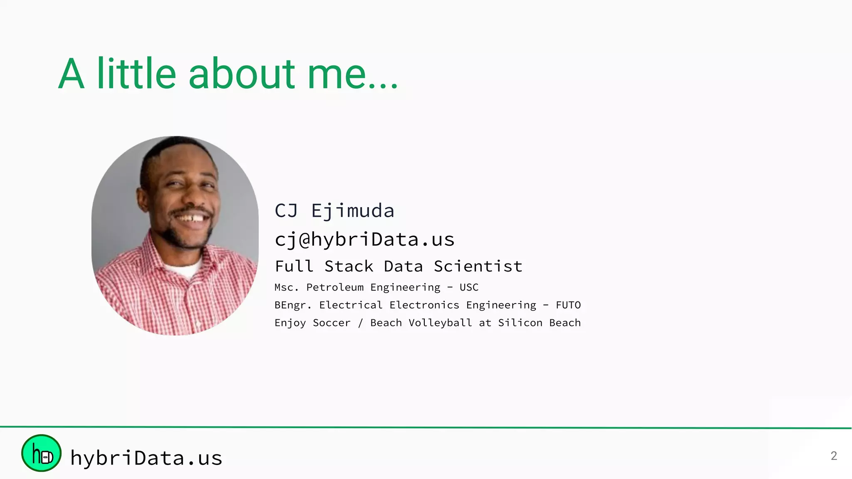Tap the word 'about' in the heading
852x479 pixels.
(x=242, y=74)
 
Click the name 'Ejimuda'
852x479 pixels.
(x=352, y=211)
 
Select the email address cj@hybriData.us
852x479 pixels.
(x=364, y=239)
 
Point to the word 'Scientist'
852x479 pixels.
(x=478, y=266)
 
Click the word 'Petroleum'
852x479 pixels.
(x=335, y=287)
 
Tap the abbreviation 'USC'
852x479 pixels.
(x=469, y=287)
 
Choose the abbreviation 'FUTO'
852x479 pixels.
(x=568, y=305)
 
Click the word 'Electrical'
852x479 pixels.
(x=351, y=305)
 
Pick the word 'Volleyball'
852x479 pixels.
(x=440, y=323)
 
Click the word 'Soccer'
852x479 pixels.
(x=332, y=323)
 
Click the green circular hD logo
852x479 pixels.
(x=41, y=453)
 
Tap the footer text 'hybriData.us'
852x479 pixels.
(x=146, y=458)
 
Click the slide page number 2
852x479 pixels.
(x=834, y=456)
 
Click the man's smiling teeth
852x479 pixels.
(x=191, y=217)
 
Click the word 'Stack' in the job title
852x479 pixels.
(x=349, y=266)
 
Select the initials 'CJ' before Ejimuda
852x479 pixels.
(x=286, y=211)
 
